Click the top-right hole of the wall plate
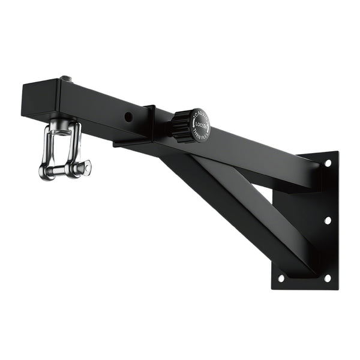point(328,163)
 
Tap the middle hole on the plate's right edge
point(328,220)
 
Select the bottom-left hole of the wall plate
point(281,278)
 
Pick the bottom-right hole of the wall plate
point(327,278)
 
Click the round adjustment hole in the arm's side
point(128,116)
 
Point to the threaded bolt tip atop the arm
point(65,79)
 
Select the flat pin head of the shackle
point(86,168)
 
